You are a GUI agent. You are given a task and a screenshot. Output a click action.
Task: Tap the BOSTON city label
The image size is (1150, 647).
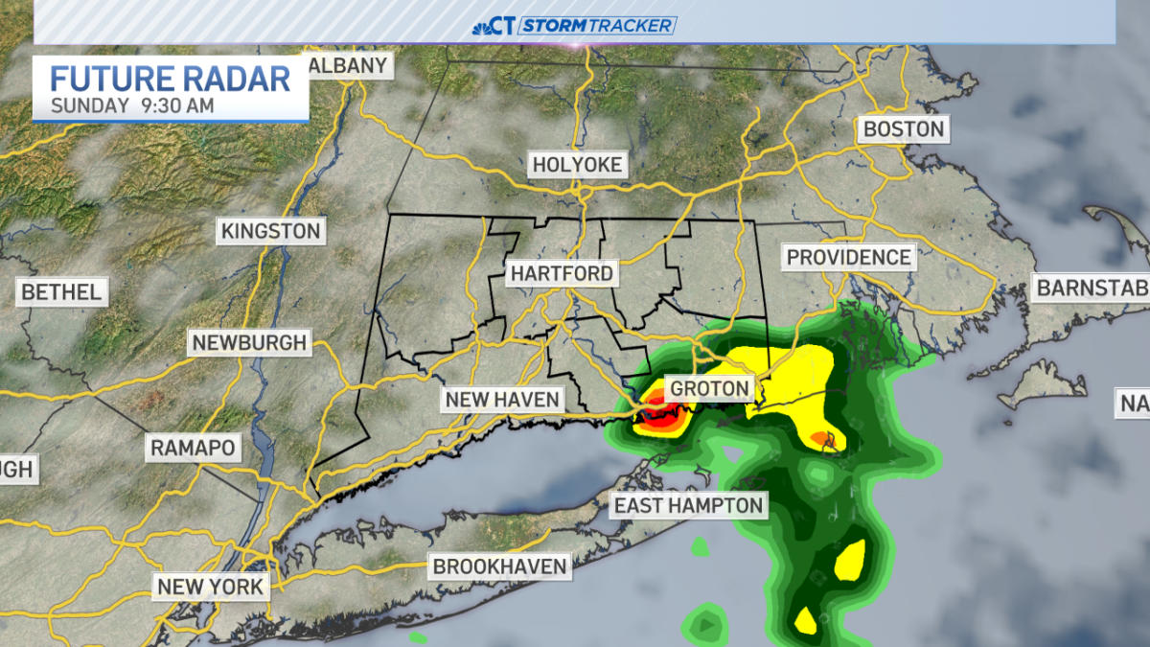[903, 128]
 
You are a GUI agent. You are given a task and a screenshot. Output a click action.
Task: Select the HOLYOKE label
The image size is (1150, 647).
[577, 165]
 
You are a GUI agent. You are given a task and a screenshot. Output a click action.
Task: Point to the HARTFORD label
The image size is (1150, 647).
[561, 274]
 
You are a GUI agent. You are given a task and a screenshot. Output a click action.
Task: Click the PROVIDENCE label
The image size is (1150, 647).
[848, 257]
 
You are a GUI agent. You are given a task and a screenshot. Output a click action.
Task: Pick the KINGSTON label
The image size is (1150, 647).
[270, 231]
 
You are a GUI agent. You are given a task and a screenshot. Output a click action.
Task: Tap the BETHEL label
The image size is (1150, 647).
[60, 291]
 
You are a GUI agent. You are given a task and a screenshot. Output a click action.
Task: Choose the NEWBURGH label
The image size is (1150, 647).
[248, 342]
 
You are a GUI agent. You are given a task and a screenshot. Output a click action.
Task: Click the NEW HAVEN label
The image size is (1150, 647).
[502, 399]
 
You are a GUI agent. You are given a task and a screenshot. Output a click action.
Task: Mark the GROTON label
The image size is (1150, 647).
[709, 388]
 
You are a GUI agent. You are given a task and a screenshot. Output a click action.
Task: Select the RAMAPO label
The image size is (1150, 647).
[193, 447]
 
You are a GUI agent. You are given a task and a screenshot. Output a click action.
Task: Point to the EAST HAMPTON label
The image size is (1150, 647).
[688, 505]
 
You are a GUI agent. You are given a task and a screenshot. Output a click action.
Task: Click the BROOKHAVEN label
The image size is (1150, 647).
[499, 566]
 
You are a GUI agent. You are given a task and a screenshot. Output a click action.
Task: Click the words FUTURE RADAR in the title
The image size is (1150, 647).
[170, 79]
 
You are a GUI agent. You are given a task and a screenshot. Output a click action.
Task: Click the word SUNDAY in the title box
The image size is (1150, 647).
[88, 105]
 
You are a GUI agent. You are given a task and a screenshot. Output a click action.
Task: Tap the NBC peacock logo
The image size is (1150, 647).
[481, 26]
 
